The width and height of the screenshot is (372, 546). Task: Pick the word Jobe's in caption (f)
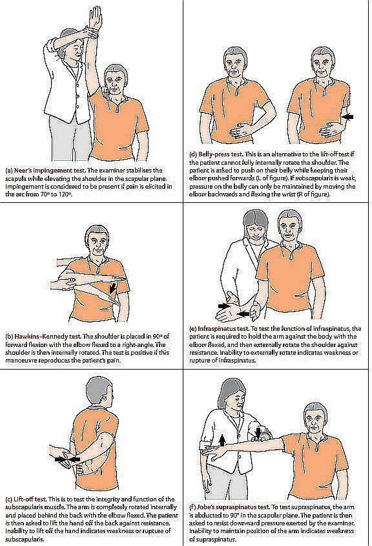point(207,507)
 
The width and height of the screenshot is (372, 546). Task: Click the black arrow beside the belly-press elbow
point(348,118)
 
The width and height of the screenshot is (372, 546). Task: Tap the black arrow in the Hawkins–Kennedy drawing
point(112,288)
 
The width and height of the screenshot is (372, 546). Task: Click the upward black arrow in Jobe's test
point(222,440)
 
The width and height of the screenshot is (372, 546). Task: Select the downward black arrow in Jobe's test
point(258,433)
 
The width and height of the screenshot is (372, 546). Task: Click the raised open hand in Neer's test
point(96,17)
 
